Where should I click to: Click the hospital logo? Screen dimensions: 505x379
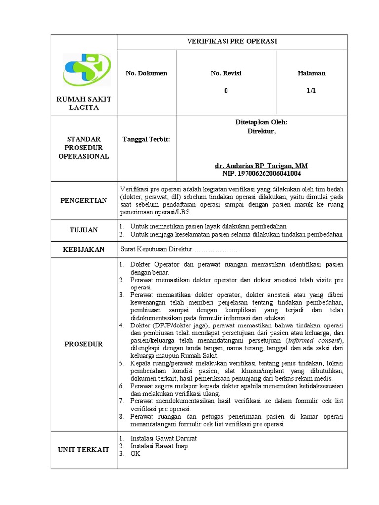pos(83,70)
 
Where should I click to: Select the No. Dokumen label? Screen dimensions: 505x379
pos(146,73)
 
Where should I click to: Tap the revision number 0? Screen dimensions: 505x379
pos(226,90)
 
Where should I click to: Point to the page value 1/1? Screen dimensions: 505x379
pos(311,90)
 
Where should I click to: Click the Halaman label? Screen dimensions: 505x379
pos(311,73)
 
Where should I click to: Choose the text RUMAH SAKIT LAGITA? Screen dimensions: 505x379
pos(83,103)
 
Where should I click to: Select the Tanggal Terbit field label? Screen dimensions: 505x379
pos(146,139)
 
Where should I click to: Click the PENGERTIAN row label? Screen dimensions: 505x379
pos(83,200)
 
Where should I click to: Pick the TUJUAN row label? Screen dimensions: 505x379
pos(83,230)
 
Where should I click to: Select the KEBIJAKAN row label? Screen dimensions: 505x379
pos(83,249)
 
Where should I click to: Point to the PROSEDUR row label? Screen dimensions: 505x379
pos(83,344)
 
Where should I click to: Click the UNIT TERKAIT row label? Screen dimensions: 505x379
pos(83,450)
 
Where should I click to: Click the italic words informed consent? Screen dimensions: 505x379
pos(314,340)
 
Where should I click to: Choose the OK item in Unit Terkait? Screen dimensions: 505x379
pos(135,454)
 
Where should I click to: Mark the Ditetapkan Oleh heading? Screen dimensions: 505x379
pos(261,123)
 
